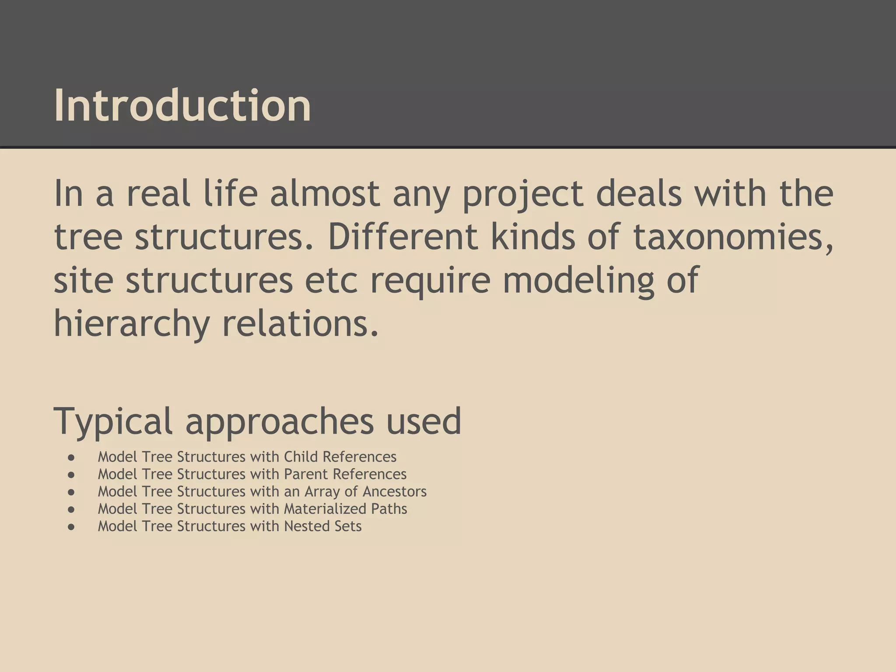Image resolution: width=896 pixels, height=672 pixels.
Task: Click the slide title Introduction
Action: coord(182,105)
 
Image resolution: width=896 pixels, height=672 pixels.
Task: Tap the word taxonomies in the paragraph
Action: coord(733,238)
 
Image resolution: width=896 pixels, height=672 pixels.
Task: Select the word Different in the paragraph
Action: coord(402,237)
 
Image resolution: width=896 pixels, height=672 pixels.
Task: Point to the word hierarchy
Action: coord(131,325)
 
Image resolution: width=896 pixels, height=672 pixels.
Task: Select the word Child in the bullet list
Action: coord(301,457)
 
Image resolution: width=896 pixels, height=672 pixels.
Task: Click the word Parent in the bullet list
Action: coord(306,474)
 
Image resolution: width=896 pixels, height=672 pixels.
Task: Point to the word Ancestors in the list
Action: coord(394,492)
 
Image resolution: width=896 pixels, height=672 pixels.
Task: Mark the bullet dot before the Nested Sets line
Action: coord(71,527)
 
